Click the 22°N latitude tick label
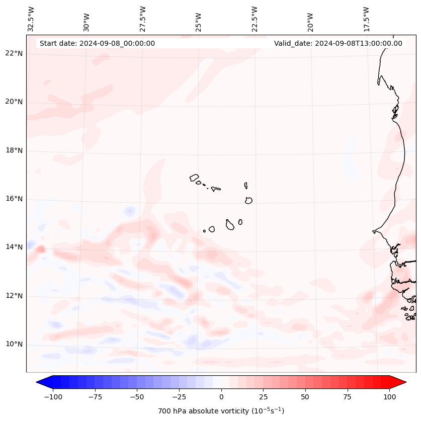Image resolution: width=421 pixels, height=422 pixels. click(x=14, y=53)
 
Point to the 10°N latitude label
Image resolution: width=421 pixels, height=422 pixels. click(x=14, y=345)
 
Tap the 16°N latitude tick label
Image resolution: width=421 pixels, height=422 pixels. click(x=14, y=199)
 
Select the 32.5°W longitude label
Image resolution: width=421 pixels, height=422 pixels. click(x=31, y=19)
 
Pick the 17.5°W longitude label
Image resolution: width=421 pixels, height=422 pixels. click(x=366, y=19)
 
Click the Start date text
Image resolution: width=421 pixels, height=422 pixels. click(x=97, y=43)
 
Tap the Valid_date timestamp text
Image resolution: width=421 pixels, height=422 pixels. click(x=338, y=43)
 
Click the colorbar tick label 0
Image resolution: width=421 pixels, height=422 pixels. click(x=221, y=397)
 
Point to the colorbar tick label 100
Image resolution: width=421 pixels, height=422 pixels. click(x=389, y=397)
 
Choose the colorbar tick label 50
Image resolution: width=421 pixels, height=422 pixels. click(x=305, y=397)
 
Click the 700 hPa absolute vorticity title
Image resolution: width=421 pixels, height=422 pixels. click(x=221, y=411)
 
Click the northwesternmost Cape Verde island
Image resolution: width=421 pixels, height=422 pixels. click(x=194, y=177)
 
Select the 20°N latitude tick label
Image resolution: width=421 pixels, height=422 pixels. click(x=14, y=102)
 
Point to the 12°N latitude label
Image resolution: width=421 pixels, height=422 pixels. click(x=14, y=296)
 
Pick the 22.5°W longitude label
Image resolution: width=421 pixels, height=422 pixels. click(x=255, y=19)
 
